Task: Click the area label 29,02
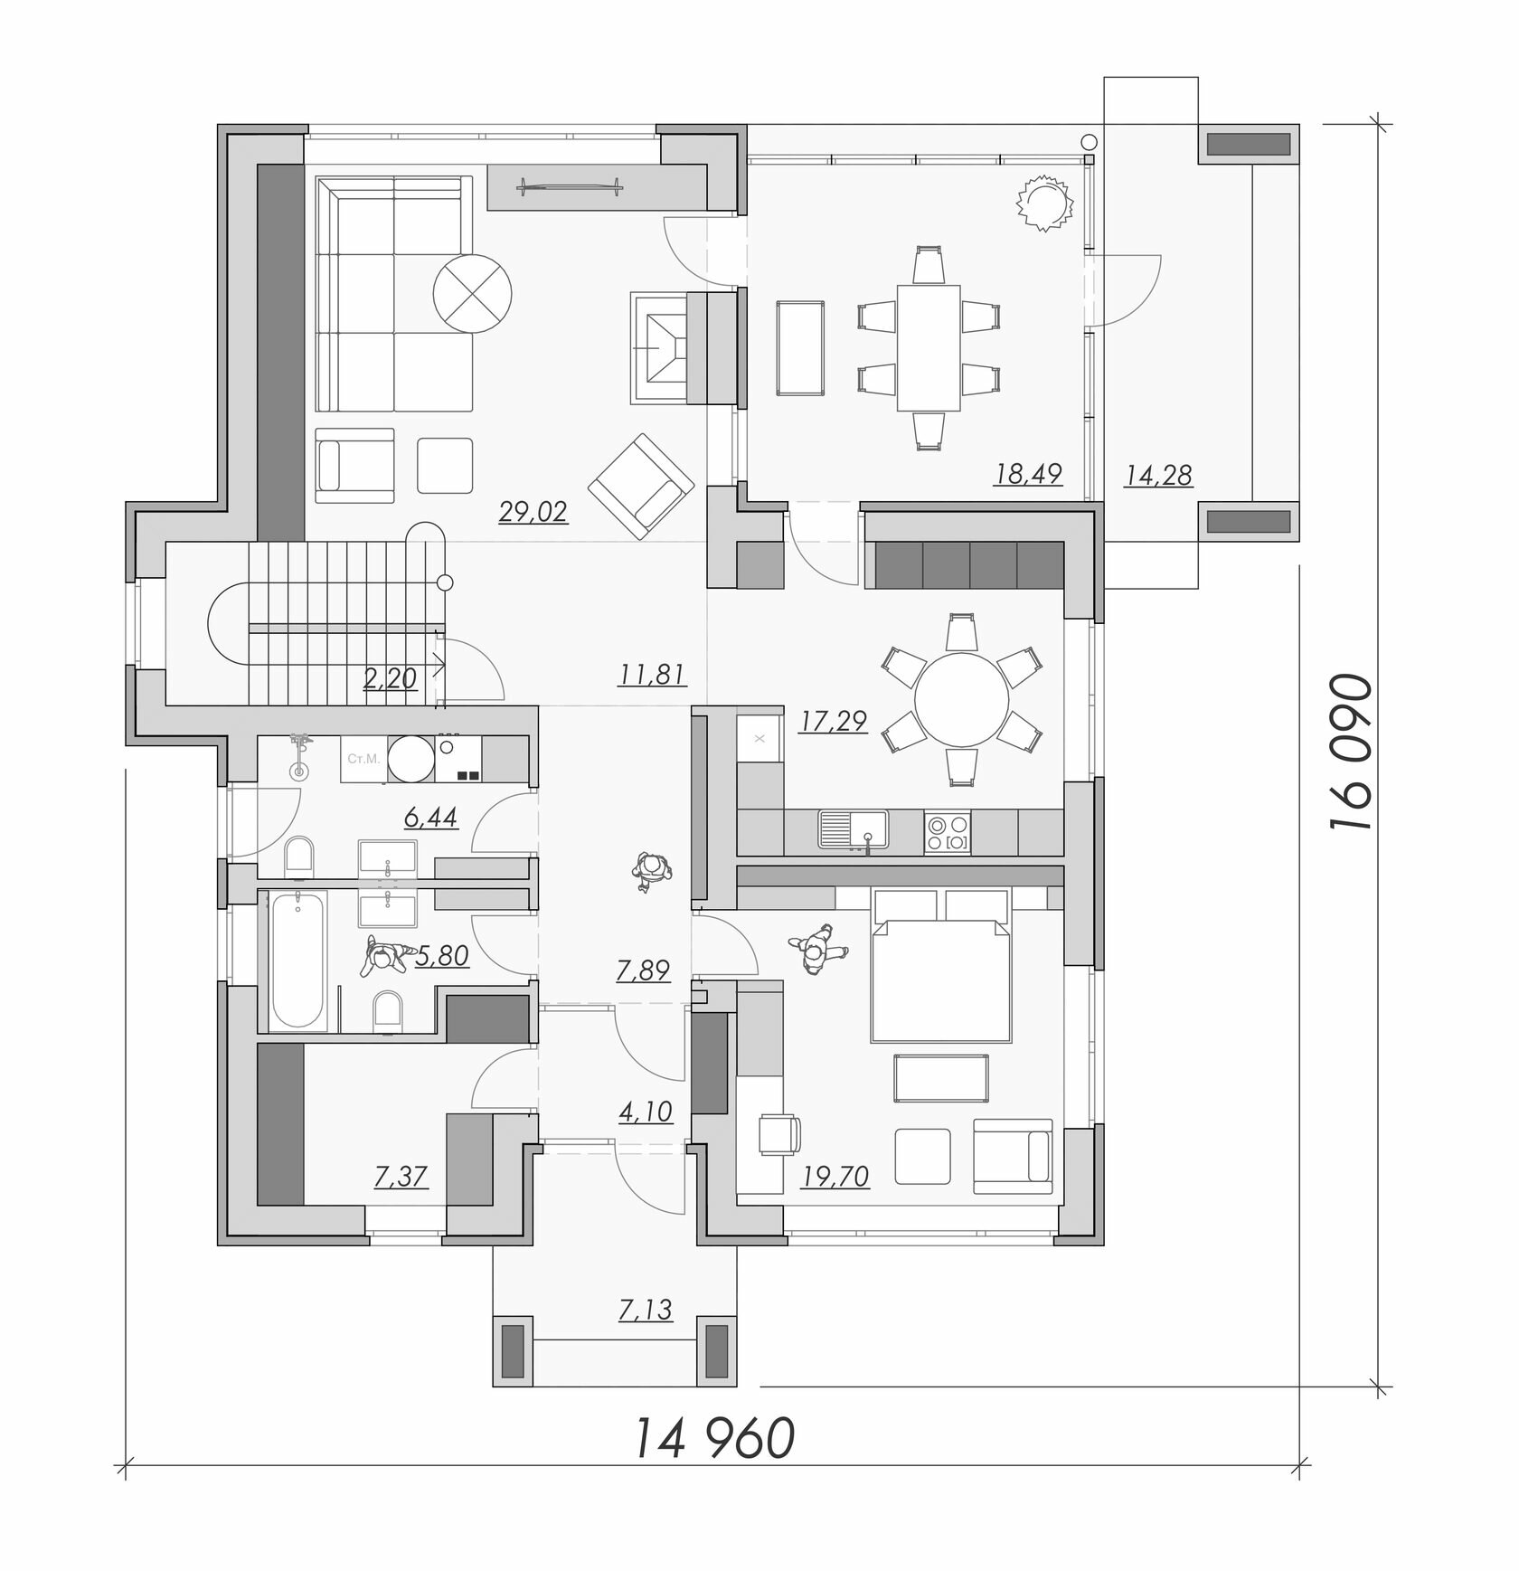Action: [533, 513]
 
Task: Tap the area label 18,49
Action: [1028, 473]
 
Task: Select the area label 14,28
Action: [1158, 474]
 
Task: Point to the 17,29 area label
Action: [834, 721]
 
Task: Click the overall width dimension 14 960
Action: [714, 1439]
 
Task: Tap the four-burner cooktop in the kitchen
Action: [947, 831]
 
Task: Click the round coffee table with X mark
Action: [473, 294]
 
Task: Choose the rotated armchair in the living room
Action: [640, 485]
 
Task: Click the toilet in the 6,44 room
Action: [298, 855]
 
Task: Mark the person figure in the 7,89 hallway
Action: [650, 872]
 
